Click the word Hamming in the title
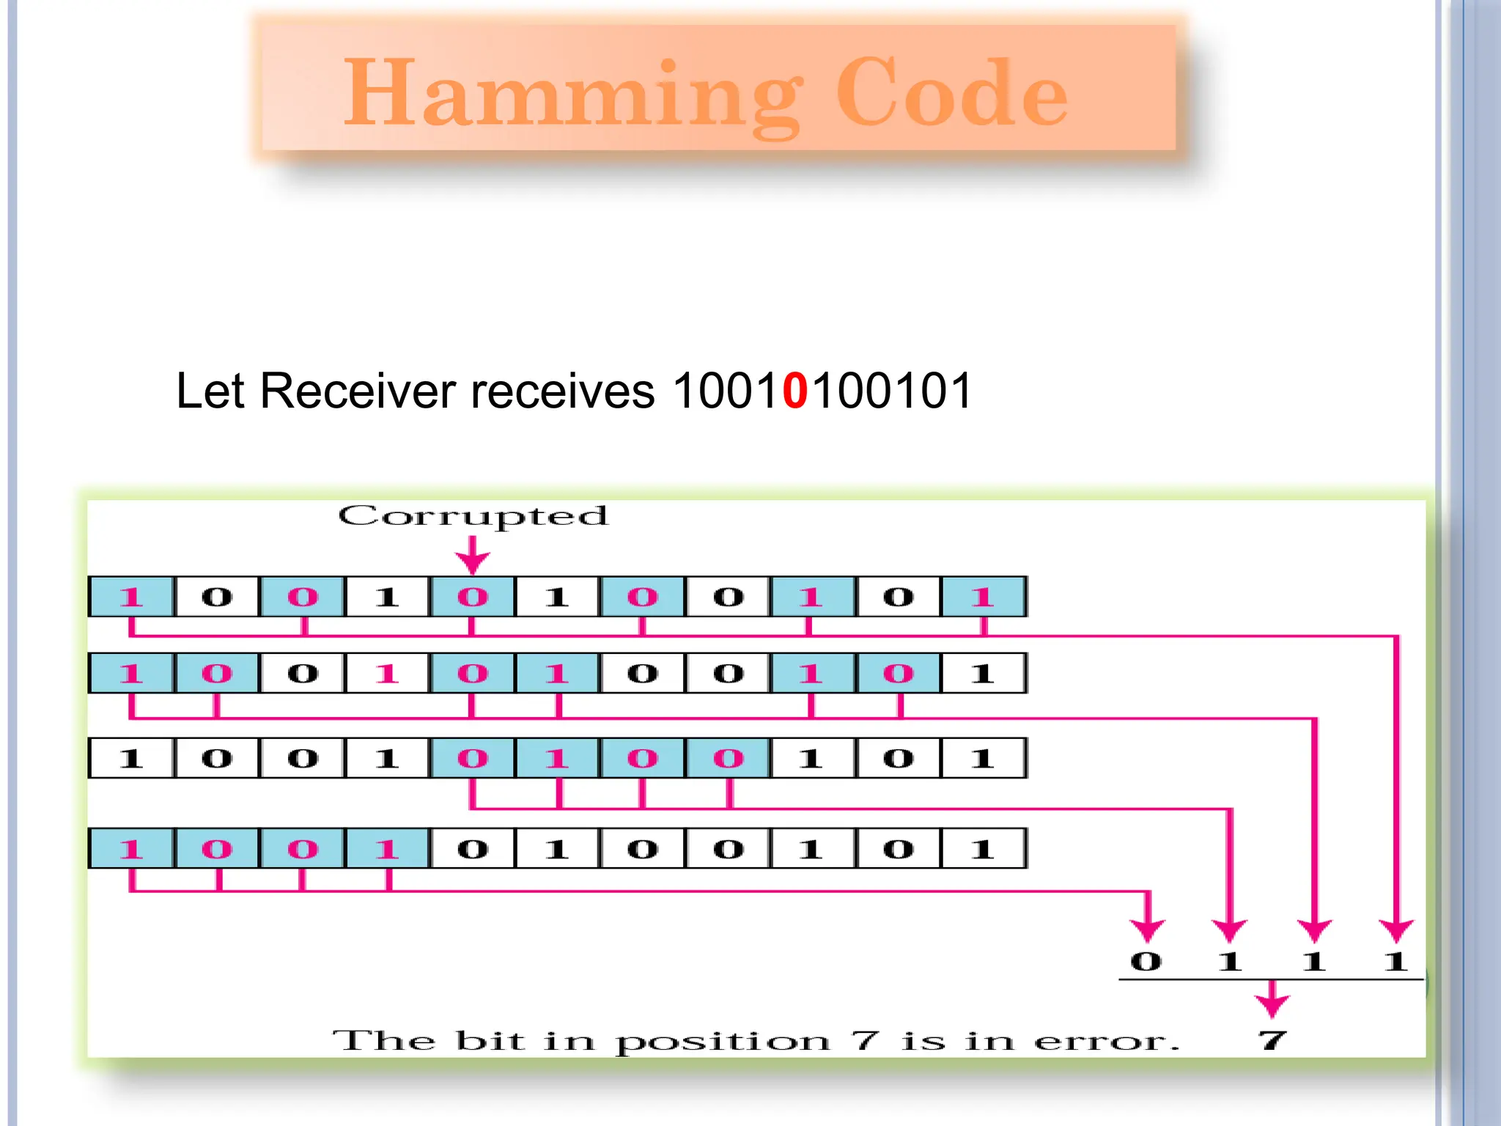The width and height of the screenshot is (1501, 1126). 572,94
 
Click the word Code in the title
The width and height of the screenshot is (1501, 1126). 951,94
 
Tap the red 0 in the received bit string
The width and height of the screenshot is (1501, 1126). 795,390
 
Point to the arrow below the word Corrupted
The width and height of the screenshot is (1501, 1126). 473,556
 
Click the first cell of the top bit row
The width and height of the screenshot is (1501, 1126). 131,597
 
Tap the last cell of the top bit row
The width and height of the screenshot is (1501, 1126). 982,597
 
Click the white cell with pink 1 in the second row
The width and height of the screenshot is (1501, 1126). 387,673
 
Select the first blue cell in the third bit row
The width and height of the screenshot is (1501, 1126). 472,758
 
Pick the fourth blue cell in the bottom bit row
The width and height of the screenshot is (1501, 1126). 387,849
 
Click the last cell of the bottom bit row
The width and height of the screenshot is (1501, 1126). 982,849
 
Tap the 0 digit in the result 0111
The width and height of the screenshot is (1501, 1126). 1146,961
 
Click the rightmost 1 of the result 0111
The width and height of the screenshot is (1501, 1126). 1395,961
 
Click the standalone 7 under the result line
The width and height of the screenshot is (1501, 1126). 1272,1039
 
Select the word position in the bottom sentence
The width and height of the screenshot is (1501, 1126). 722,1041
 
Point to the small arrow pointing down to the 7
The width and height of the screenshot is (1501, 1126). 1272,1001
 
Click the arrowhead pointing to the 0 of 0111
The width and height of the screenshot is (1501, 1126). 1148,930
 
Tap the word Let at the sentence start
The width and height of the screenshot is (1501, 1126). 210,390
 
